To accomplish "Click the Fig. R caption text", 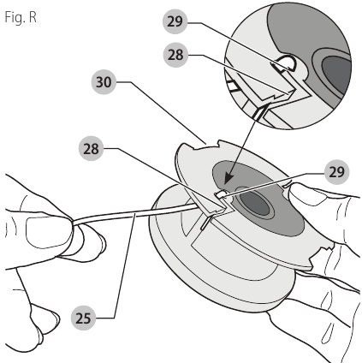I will [x=20, y=15].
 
